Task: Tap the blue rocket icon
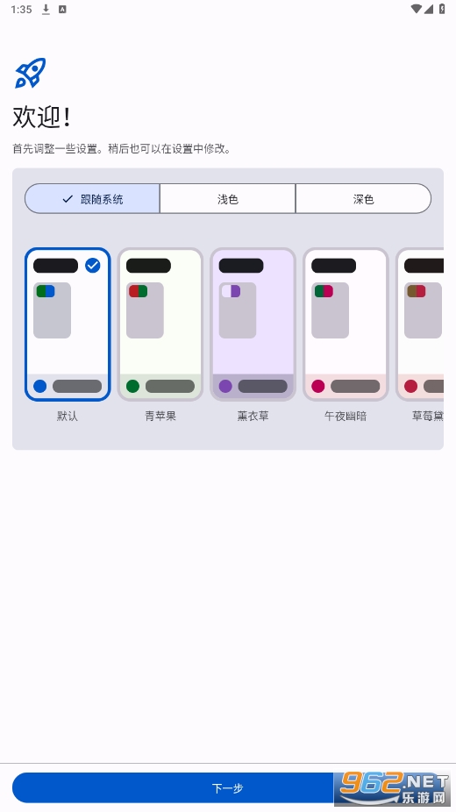coord(30,73)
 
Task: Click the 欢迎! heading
coord(41,117)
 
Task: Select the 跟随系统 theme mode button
coord(92,199)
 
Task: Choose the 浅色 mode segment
coord(228,199)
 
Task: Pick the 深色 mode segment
coord(363,199)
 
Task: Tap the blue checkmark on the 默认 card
coord(93,266)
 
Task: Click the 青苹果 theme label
coord(160,416)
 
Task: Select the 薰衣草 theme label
coord(253,416)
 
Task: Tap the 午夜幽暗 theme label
coord(346,416)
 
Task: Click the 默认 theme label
coord(68,416)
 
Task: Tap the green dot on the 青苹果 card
coord(132,386)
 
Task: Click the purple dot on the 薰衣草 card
coord(225,386)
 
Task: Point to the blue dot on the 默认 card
coord(39,386)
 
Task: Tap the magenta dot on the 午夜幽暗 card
coord(317,386)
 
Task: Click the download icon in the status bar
coord(46,10)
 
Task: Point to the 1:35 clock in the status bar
coord(21,10)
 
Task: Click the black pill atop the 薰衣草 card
coord(241,266)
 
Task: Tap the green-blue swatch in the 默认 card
coord(46,291)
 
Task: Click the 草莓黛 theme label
coord(428,416)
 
